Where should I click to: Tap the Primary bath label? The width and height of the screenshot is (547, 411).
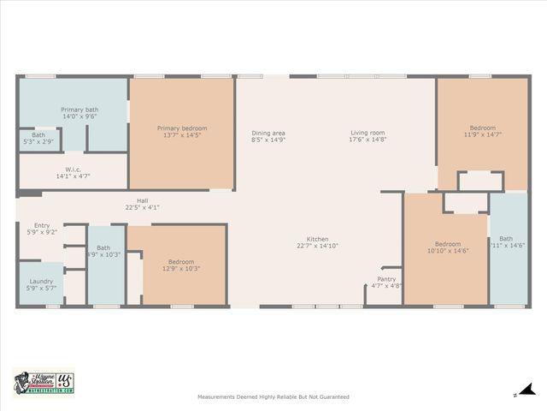pos(79,110)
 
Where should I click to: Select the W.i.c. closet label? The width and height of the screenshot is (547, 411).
pos(73,169)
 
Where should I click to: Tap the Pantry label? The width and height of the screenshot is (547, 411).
pos(386,278)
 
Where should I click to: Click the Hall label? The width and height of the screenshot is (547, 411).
pos(143,200)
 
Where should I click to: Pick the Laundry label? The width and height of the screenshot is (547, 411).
pos(41,281)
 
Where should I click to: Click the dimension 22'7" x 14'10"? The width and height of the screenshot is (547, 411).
pos(318,246)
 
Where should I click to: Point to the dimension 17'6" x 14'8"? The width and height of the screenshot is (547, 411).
pos(368,140)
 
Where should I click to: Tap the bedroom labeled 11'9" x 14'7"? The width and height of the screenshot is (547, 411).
pos(482,128)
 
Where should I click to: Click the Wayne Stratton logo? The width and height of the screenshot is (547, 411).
pos(44,383)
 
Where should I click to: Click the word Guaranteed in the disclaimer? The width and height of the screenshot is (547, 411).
pos(332,396)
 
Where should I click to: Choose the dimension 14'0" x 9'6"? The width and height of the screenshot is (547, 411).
pos(79,116)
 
